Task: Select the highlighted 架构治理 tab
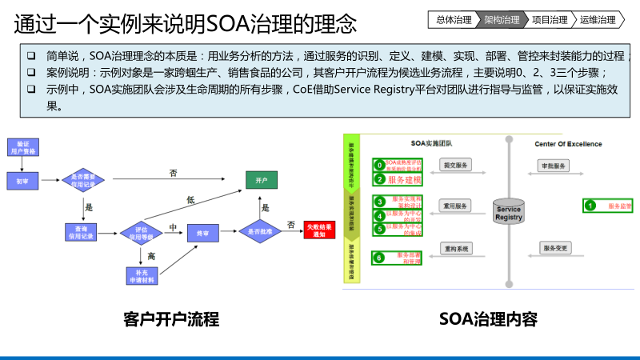502,19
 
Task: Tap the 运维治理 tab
598,19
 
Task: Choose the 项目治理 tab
550,19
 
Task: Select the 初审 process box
22,181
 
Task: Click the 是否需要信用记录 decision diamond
84,180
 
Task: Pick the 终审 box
203,233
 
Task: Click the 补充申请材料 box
140,277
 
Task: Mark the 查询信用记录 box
82,233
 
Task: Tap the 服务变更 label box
556,249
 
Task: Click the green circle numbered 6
380,258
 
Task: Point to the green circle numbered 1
590,206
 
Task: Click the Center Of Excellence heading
568,144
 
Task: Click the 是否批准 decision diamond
260,232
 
